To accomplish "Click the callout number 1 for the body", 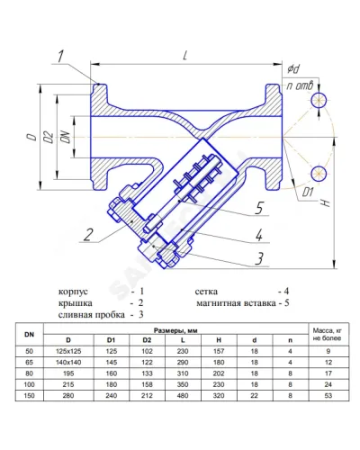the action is pyautogui.click(x=61, y=57).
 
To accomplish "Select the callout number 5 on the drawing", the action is pyautogui.click(x=259, y=208).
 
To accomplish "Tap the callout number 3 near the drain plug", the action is pyautogui.click(x=259, y=258).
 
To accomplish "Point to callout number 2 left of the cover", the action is pyautogui.click(x=88, y=235).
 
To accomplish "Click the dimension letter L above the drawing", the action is pyautogui.click(x=185, y=56).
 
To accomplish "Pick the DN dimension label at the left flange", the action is pyautogui.click(x=66, y=137).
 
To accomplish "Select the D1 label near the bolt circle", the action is pyautogui.click(x=308, y=193).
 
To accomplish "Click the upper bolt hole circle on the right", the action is pyautogui.click(x=319, y=100).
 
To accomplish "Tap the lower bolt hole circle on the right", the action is pyautogui.click(x=319, y=174).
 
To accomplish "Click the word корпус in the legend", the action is pyautogui.click(x=73, y=292).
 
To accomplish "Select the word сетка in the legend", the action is pyautogui.click(x=206, y=292).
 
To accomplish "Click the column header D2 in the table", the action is pyautogui.click(x=147, y=340).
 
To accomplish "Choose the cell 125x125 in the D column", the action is pyautogui.click(x=68, y=351).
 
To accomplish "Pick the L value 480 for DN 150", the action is pyautogui.click(x=183, y=396).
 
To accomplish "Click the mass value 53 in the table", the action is pyautogui.click(x=328, y=396).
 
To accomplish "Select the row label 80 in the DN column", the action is pyautogui.click(x=29, y=373).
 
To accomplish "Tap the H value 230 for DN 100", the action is pyautogui.click(x=219, y=384).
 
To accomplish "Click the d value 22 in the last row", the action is pyautogui.click(x=255, y=396).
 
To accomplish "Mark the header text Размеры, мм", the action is pyautogui.click(x=175, y=330).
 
